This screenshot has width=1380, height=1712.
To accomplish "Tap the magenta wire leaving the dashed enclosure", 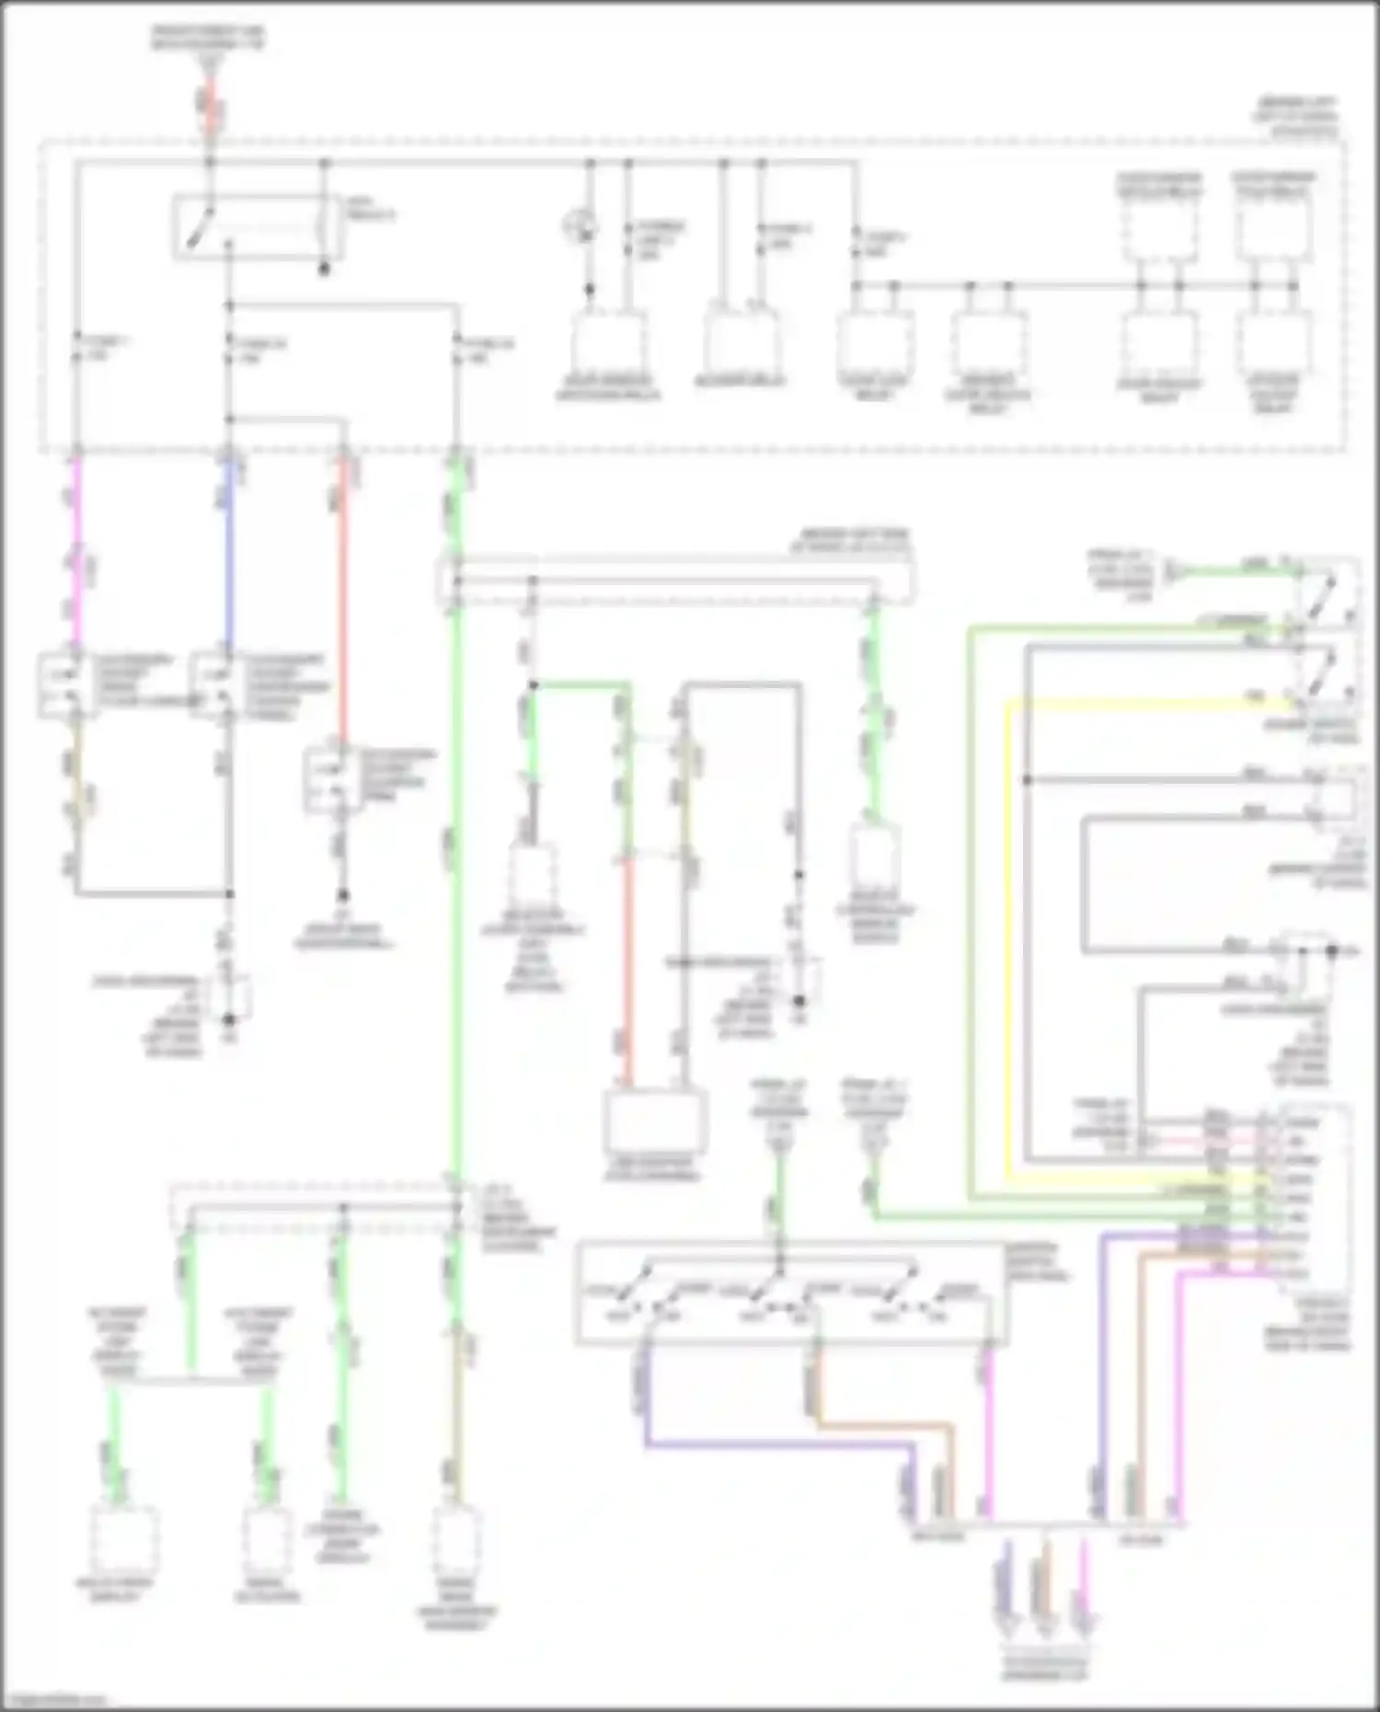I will click(77, 552).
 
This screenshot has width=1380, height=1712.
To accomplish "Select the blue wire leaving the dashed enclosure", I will click(228, 552).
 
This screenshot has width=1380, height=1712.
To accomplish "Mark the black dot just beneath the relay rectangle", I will click(324, 270).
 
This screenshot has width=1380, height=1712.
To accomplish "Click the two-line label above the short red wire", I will click(209, 38).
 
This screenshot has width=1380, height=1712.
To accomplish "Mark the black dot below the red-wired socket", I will click(342, 894).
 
